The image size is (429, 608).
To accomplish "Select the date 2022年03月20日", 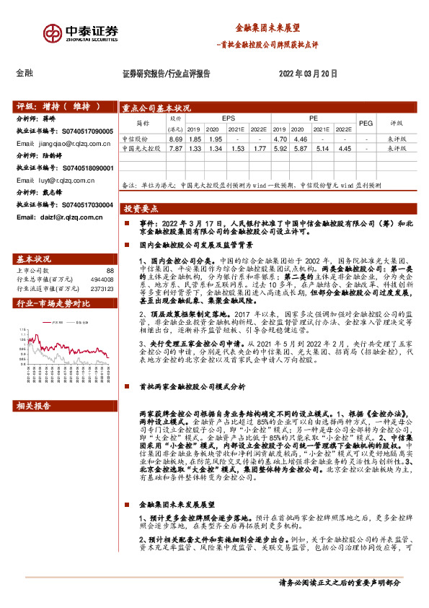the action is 308,74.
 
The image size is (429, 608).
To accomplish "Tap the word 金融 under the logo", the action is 25,73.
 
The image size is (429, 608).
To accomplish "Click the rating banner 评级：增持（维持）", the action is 58,106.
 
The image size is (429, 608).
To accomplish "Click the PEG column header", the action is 366,123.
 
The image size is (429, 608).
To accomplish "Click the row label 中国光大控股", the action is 141,148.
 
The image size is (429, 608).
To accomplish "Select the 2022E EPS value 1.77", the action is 260,148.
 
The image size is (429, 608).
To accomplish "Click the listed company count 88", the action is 110,270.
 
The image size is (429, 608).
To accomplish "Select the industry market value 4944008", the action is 101,279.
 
